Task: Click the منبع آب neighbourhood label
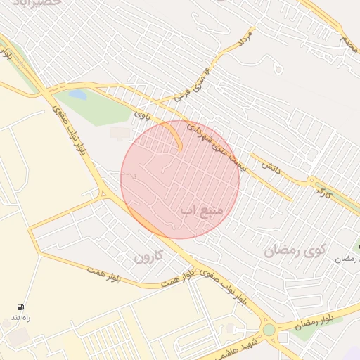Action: pos(202,210)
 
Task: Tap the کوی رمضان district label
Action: pos(296,250)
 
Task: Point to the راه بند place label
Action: pos(21,318)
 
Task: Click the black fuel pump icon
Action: pos(20,307)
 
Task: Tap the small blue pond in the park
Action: pos(77,93)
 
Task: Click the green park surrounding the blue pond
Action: pos(98,105)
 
